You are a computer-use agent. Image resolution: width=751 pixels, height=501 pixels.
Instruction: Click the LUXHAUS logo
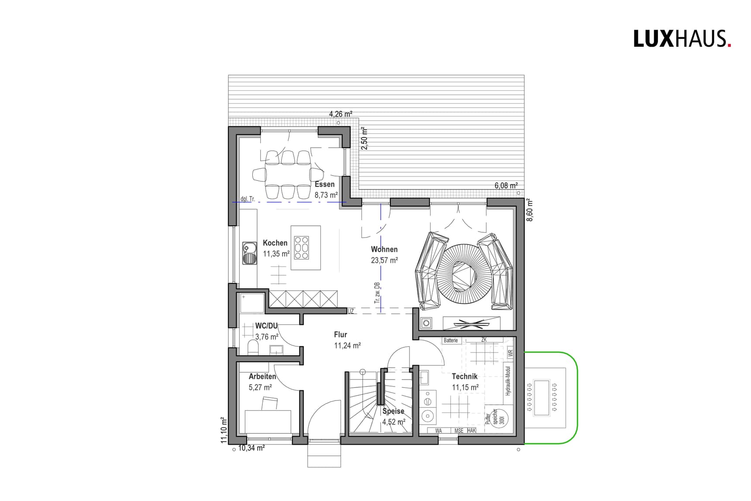click(682, 39)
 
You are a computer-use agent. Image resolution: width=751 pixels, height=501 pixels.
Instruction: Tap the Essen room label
click(324, 184)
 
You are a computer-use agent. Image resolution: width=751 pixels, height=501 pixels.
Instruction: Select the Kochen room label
click(275, 243)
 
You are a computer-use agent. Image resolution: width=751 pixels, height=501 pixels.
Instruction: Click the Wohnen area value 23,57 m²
click(384, 260)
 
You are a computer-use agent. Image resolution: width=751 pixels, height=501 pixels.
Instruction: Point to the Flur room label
click(341, 335)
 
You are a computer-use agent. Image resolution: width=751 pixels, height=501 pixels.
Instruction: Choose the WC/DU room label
click(266, 326)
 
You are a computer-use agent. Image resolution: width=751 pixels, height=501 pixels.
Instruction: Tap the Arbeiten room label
click(262, 377)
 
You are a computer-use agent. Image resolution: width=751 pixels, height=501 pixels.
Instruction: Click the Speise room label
click(393, 411)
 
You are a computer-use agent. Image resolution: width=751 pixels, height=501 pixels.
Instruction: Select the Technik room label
click(465, 377)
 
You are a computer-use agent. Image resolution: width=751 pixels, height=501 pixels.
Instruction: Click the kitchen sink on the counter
click(250, 253)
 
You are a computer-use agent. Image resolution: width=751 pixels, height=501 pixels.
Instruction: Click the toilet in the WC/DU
click(253, 348)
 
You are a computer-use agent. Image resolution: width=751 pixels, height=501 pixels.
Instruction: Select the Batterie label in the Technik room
click(451, 341)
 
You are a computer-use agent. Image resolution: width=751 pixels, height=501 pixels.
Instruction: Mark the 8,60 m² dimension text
click(530, 210)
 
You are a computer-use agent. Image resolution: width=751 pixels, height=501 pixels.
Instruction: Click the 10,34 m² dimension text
click(251, 448)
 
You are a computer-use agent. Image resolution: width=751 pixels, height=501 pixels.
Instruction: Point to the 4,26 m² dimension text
click(341, 114)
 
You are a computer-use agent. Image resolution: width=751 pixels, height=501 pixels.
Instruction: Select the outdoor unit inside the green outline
click(544, 398)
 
